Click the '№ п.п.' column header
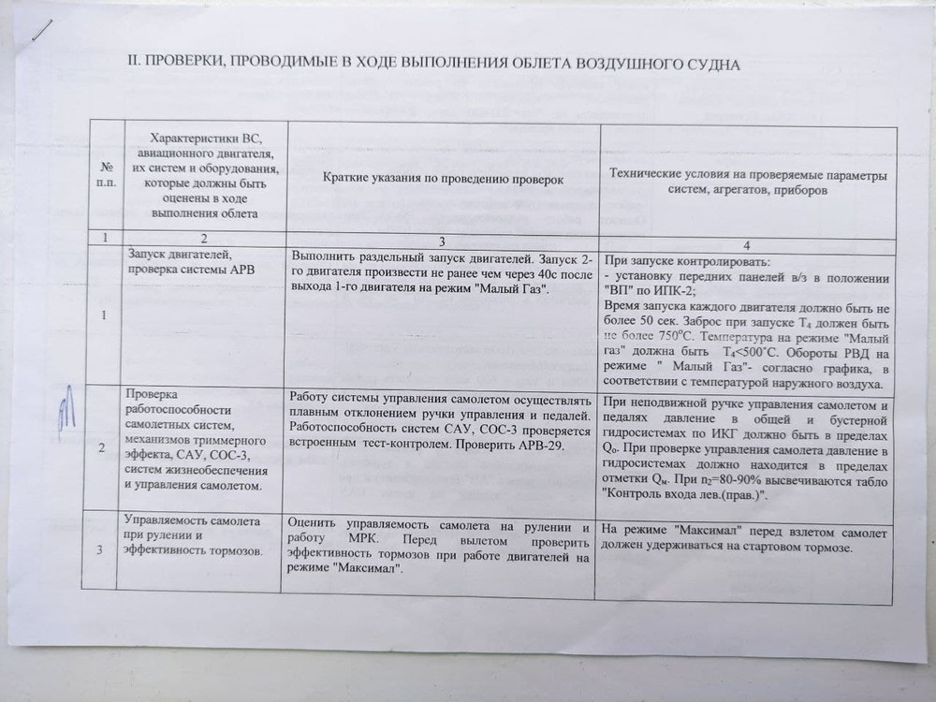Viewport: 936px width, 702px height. (104, 173)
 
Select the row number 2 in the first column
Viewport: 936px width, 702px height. (101, 447)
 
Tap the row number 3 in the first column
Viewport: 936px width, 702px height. (100, 549)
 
